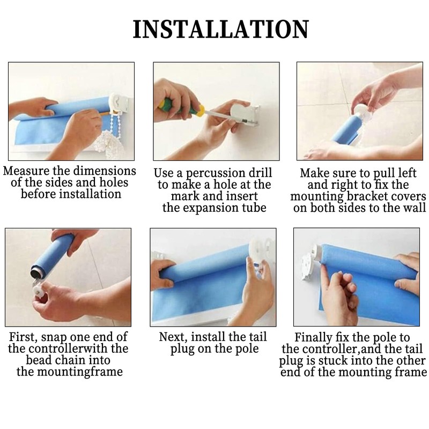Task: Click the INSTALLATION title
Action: [221, 29]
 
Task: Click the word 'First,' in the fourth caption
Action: [23, 337]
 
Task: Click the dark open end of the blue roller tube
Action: [36, 272]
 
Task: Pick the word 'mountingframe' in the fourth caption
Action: [80, 372]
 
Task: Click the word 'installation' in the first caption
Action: [90, 194]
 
